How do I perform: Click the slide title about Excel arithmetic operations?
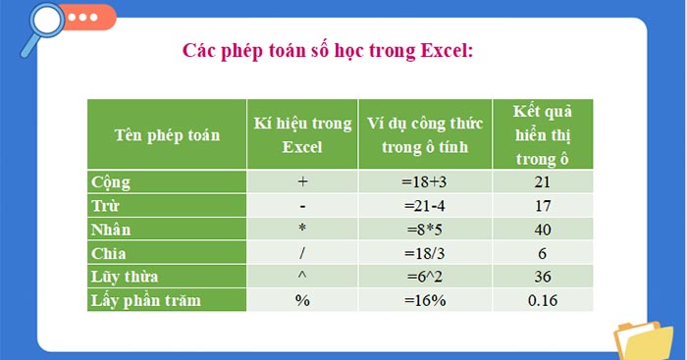[329, 50]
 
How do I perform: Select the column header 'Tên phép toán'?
[167, 133]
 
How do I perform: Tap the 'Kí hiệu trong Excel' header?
[302, 133]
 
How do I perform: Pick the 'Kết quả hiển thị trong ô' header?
[543, 133]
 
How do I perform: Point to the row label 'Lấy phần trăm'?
[145, 300]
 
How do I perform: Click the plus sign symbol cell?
[302, 182]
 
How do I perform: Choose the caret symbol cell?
[302, 277]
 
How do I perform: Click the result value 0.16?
[543, 300]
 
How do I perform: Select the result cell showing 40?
[543, 230]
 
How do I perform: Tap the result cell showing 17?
[543, 206]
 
